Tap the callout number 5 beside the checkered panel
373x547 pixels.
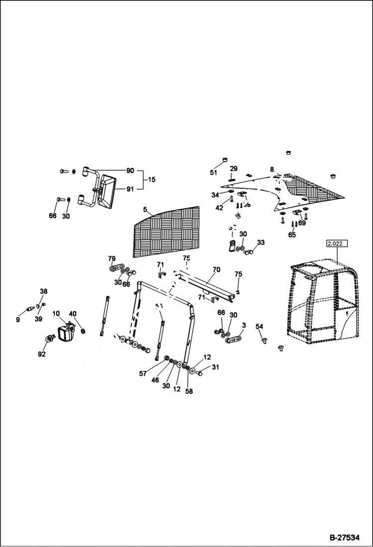[145, 209]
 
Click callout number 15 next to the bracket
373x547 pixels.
[151, 179]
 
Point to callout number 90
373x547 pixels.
[130, 171]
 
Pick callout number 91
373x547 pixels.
[130, 188]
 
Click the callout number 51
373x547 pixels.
[214, 173]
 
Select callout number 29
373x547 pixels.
[234, 169]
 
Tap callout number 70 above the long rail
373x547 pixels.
[216, 270]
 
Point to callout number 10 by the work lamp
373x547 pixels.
[56, 314]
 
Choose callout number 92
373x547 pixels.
[41, 355]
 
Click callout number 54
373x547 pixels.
[259, 326]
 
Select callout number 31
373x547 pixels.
[215, 367]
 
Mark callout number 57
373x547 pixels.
[143, 373]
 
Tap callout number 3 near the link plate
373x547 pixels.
[244, 325]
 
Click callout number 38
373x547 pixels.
[44, 291]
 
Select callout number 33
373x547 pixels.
[260, 242]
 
